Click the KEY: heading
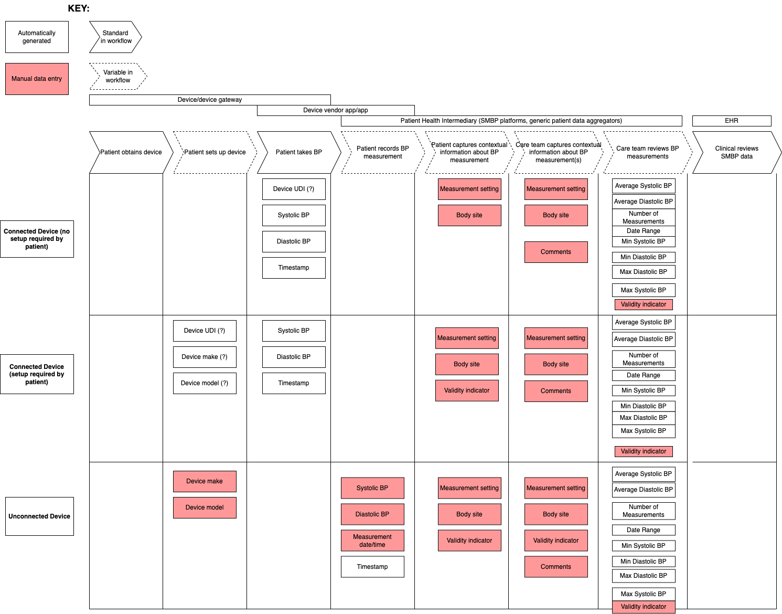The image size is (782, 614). (79, 8)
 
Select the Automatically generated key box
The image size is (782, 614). (37, 37)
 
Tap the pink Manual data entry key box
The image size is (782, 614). (37, 79)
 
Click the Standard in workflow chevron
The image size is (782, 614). (115, 37)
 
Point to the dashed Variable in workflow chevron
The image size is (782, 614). (118, 76)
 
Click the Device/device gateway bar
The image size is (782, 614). (210, 100)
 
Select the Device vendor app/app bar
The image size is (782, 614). (336, 110)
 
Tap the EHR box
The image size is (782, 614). (732, 121)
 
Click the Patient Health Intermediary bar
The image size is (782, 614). (511, 121)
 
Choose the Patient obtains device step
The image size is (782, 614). (131, 152)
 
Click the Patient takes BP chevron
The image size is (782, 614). (299, 152)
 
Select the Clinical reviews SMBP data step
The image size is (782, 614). (737, 152)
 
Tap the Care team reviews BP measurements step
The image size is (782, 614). (648, 152)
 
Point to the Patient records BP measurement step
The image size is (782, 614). (383, 152)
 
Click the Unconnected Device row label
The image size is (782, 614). (39, 516)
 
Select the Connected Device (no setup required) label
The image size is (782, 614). (37, 239)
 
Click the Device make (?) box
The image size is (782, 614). (205, 357)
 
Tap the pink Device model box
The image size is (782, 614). (205, 507)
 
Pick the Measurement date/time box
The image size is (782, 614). (372, 541)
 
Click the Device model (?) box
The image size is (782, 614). (205, 383)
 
